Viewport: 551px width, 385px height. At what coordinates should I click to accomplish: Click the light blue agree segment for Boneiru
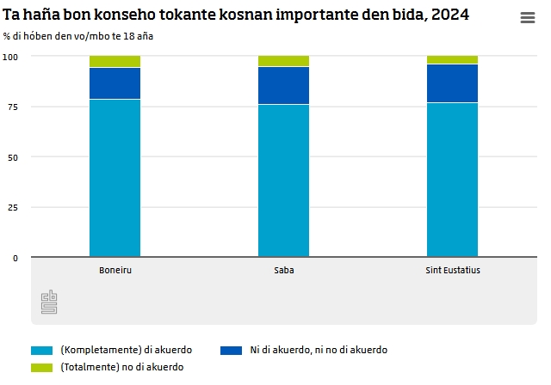(x=115, y=178)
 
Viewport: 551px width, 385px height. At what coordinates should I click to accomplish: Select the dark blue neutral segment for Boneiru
(x=115, y=83)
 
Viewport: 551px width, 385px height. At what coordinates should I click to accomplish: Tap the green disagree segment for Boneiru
(x=115, y=62)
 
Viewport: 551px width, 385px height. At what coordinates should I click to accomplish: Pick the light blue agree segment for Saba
(x=284, y=180)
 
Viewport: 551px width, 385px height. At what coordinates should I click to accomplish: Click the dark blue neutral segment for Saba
(x=284, y=85)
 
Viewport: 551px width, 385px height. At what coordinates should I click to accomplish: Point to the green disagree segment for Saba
(x=284, y=61)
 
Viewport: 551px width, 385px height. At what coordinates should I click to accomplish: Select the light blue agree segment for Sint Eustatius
(x=453, y=180)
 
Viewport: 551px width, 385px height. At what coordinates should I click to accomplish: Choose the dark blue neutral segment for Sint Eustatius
(x=453, y=83)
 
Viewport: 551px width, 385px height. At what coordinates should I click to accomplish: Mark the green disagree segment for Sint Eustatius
(x=453, y=60)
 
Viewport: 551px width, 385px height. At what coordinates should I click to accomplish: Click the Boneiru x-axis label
(x=115, y=270)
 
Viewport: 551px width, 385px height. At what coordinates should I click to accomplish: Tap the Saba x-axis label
(x=284, y=270)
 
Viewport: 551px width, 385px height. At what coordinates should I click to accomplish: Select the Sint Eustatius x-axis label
(x=453, y=270)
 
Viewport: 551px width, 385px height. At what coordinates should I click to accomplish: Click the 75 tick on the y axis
(x=13, y=107)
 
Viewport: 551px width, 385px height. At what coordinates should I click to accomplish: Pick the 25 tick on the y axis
(x=13, y=208)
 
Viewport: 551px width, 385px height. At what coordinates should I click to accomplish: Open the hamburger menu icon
(x=528, y=19)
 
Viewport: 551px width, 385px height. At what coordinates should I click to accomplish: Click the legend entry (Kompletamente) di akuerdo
(x=126, y=351)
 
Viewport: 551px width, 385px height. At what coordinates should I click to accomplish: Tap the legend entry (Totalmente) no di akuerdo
(x=121, y=367)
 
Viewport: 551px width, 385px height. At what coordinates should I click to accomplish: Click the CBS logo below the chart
(x=49, y=302)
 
